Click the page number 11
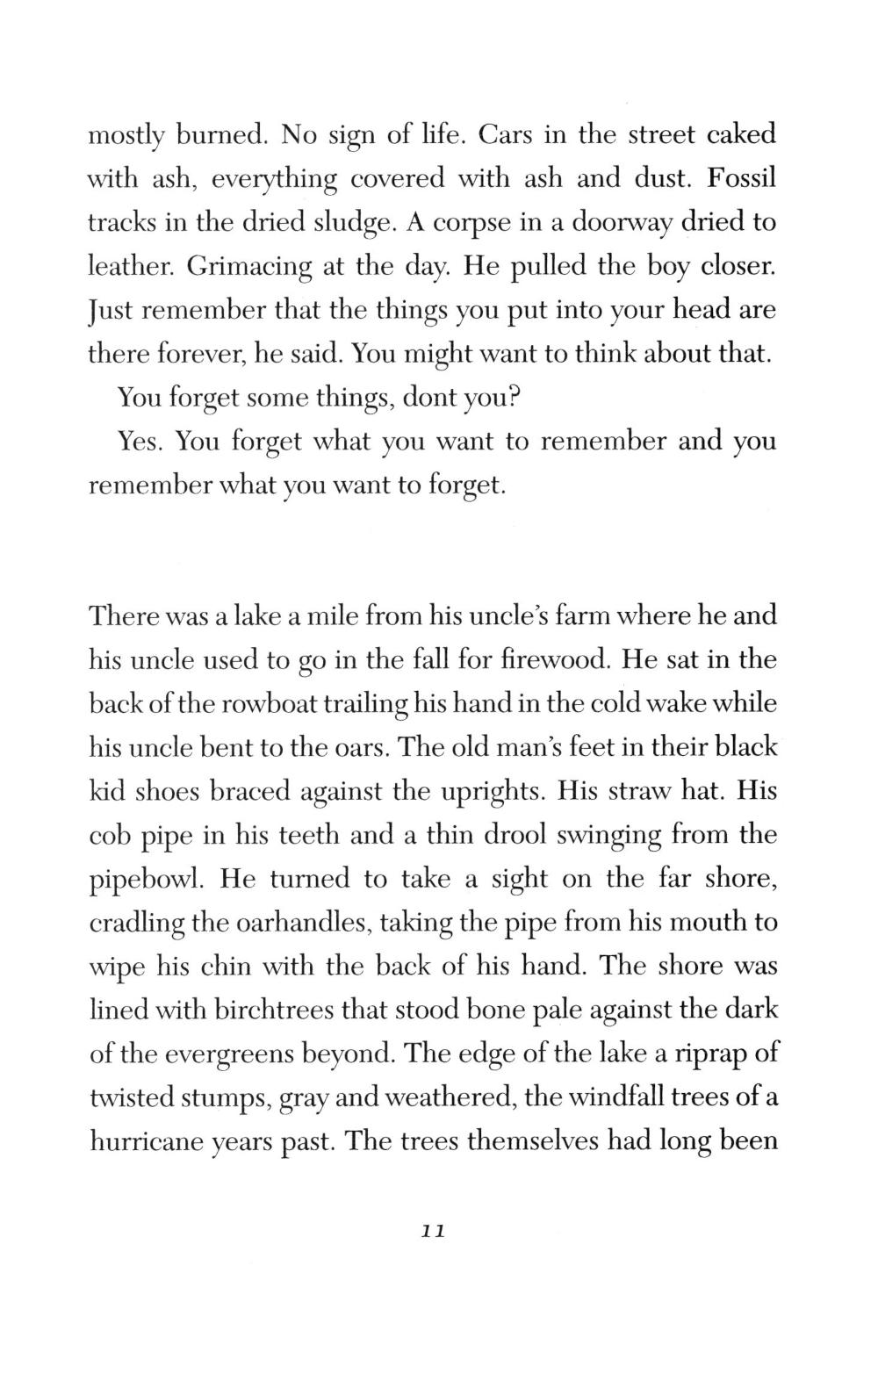pos(434,1232)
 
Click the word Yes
pos(140,441)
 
